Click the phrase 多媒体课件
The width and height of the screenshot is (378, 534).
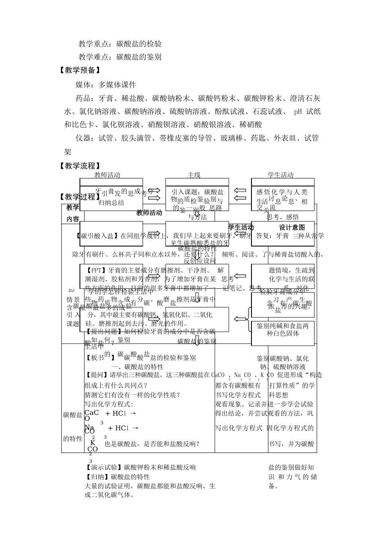(117, 85)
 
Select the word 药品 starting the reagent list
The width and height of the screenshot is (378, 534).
(83, 99)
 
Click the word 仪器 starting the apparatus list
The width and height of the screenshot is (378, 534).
(83, 138)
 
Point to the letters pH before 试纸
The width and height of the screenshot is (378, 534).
(298, 112)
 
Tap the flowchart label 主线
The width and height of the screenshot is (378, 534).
(194, 175)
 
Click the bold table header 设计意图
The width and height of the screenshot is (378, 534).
(292, 227)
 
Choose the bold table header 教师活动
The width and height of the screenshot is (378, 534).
(149, 213)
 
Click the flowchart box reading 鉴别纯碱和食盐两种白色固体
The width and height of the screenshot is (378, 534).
(283, 329)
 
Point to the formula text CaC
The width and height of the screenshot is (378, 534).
(92, 413)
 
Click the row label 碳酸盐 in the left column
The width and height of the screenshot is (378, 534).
(73, 415)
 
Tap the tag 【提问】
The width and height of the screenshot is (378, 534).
(97, 375)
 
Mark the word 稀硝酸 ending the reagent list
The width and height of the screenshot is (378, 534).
(251, 125)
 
